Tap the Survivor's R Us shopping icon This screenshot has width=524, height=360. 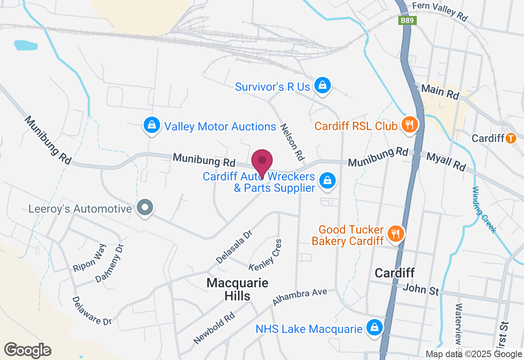coord(323,85)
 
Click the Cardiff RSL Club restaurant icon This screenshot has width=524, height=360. coord(408,124)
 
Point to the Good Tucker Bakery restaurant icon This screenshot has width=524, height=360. coord(395,234)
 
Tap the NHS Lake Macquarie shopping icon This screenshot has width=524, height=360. coord(374,327)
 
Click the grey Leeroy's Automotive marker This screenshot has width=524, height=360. coord(145,207)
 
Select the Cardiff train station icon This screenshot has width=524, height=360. coord(510,138)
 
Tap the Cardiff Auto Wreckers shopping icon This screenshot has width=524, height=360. coord(327,180)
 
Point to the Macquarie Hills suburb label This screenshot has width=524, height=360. coord(237,289)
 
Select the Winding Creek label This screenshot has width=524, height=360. coord(484,210)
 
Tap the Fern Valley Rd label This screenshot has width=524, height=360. coord(440,11)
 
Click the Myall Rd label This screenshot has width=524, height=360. coord(446,162)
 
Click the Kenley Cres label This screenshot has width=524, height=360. coord(266,255)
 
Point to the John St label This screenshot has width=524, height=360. coord(421,289)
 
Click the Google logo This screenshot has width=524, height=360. coord(27,350)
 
